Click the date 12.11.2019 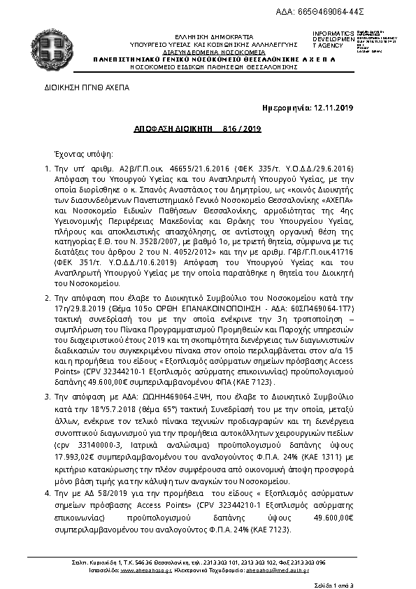(335, 108)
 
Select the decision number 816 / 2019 (242, 129)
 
